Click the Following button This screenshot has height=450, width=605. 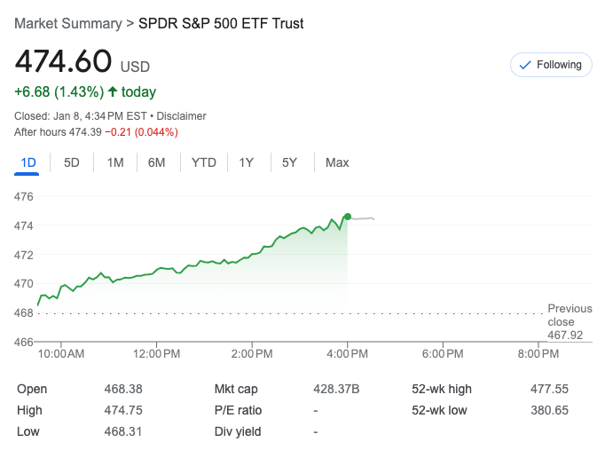551,65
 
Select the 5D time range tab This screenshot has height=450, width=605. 72,162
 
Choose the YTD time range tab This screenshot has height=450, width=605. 204,162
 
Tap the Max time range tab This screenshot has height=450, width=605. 337,162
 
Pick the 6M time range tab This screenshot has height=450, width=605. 157,162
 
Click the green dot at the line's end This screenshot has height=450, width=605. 348,217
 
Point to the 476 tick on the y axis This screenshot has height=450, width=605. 24,196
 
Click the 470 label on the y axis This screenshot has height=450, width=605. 24,284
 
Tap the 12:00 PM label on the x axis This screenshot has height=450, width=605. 157,354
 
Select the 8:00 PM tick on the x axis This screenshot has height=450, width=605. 538,354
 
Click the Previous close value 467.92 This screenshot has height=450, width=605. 565,335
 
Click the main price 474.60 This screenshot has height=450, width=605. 63,62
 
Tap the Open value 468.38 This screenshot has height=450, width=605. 122,389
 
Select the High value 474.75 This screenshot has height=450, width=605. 122,410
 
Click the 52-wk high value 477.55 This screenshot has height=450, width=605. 547,389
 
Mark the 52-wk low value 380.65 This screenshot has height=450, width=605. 547,410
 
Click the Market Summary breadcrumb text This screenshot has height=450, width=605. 67,23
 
